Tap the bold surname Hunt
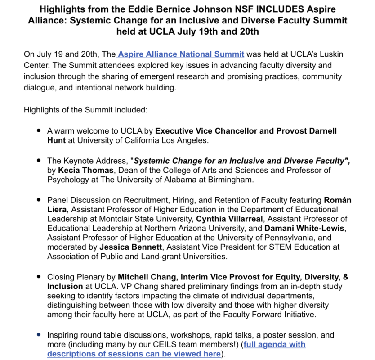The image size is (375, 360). [56, 140]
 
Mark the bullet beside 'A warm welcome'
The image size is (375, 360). [39, 131]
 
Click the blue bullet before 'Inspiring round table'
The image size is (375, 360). [39, 335]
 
